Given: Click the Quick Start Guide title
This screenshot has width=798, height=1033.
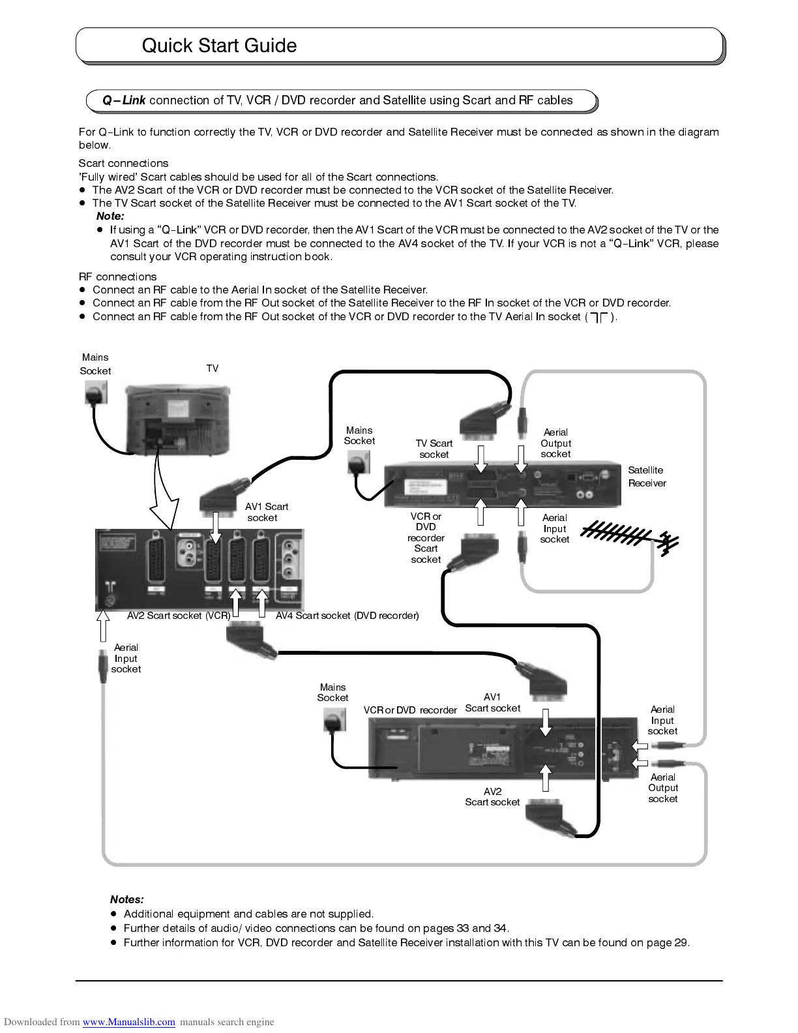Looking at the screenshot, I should point(219,46).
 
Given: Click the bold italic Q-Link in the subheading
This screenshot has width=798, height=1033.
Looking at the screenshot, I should point(124,100).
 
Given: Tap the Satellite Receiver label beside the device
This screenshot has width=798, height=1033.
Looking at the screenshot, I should point(647,477).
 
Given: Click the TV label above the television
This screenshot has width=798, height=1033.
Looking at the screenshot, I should point(213,368).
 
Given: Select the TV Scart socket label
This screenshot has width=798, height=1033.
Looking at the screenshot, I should point(434,449).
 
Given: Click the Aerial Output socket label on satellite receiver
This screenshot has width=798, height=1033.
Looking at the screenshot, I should point(555,443).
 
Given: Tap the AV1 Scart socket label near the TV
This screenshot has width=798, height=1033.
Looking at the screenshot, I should point(265,512).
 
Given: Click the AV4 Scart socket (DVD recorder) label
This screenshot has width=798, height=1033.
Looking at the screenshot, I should point(347,616).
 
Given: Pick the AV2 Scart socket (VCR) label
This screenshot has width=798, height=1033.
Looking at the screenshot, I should point(179,616).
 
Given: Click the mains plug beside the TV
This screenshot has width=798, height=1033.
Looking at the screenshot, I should point(96,393).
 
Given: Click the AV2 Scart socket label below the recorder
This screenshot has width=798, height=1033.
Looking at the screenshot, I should point(492,797).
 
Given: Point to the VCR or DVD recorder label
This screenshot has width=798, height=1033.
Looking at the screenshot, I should point(410,710).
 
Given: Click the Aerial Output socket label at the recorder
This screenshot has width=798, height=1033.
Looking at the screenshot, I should point(663,788).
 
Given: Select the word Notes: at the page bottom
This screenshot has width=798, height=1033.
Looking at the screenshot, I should point(127,900).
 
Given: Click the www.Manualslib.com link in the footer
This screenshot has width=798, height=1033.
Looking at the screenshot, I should point(128,1022).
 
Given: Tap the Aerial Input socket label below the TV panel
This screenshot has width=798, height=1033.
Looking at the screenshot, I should point(126,658).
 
